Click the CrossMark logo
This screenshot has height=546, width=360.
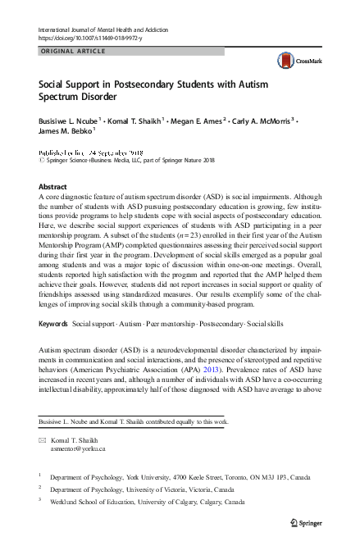[x=294, y=60]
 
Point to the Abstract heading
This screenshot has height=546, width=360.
[x=53, y=187]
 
